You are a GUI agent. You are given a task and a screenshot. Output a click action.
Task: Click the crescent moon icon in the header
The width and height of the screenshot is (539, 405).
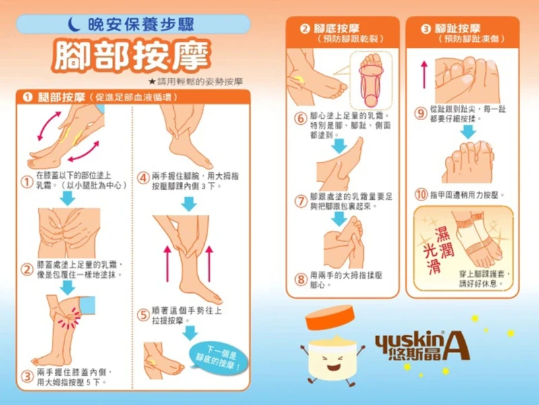click(73, 24)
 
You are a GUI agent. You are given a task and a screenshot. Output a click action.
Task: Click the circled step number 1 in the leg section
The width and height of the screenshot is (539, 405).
click(27, 182)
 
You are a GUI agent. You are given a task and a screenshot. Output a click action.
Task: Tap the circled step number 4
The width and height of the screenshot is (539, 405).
click(143, 178)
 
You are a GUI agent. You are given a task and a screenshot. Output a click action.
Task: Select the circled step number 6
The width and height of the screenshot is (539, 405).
click(300, 119)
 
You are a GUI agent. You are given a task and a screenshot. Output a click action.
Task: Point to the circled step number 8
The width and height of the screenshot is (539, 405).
click(300, 279)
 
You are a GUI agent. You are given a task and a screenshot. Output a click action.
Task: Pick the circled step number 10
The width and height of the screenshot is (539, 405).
click(421, 195)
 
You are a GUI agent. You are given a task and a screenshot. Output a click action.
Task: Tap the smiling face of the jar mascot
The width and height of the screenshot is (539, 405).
click(331, 362)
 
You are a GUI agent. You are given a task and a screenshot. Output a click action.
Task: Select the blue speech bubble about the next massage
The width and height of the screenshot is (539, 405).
click(218, 358)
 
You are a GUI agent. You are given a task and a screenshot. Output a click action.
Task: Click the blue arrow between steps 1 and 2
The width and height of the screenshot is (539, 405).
click(68, 198)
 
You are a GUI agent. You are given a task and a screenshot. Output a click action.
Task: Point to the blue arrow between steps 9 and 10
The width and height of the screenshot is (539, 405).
click(468, 132)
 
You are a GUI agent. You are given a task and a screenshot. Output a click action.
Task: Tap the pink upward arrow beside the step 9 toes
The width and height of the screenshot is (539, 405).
click(424, 75)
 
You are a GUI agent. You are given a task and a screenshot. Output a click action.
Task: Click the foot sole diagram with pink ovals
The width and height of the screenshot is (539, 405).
click(371, 80)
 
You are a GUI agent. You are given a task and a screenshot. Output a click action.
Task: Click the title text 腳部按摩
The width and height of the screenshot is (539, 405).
click(131, 55)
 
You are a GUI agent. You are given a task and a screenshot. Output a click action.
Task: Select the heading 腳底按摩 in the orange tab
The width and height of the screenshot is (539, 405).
click(337, 28)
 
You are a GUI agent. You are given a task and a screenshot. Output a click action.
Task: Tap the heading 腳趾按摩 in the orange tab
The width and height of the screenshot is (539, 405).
click(457, 28)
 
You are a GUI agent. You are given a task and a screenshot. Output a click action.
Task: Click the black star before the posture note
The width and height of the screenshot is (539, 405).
click(152, 82)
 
